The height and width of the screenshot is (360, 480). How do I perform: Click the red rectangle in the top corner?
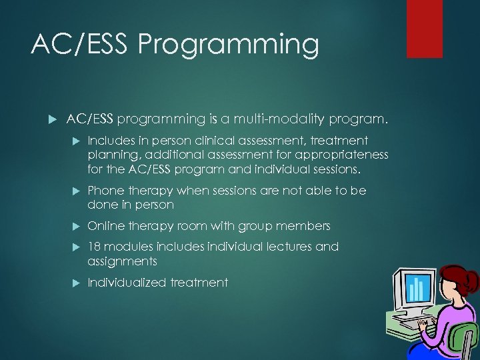424,29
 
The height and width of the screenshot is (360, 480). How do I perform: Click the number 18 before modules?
94,247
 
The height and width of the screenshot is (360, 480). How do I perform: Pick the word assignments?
122,261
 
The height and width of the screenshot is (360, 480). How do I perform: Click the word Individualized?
127,283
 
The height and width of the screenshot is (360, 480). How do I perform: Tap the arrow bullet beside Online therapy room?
75,226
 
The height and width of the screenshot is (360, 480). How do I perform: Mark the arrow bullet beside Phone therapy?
75,191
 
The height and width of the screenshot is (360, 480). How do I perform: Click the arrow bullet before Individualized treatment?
75,283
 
